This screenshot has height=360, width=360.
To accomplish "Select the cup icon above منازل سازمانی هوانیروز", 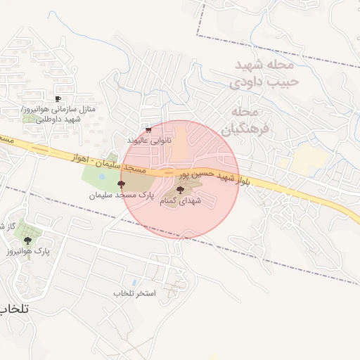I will pyautogui.click(x=58, y=98).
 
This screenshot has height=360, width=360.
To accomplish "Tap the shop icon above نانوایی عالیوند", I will pyautogui.click(x=148, y=130).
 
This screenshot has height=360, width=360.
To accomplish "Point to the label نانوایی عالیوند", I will pyautogui.click(x=148, y=141).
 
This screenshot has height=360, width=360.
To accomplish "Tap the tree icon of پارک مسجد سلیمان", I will pyautogui.click(x=122, y=183).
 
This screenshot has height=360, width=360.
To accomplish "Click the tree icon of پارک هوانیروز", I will pyautogui.click(x=28, y=240).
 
